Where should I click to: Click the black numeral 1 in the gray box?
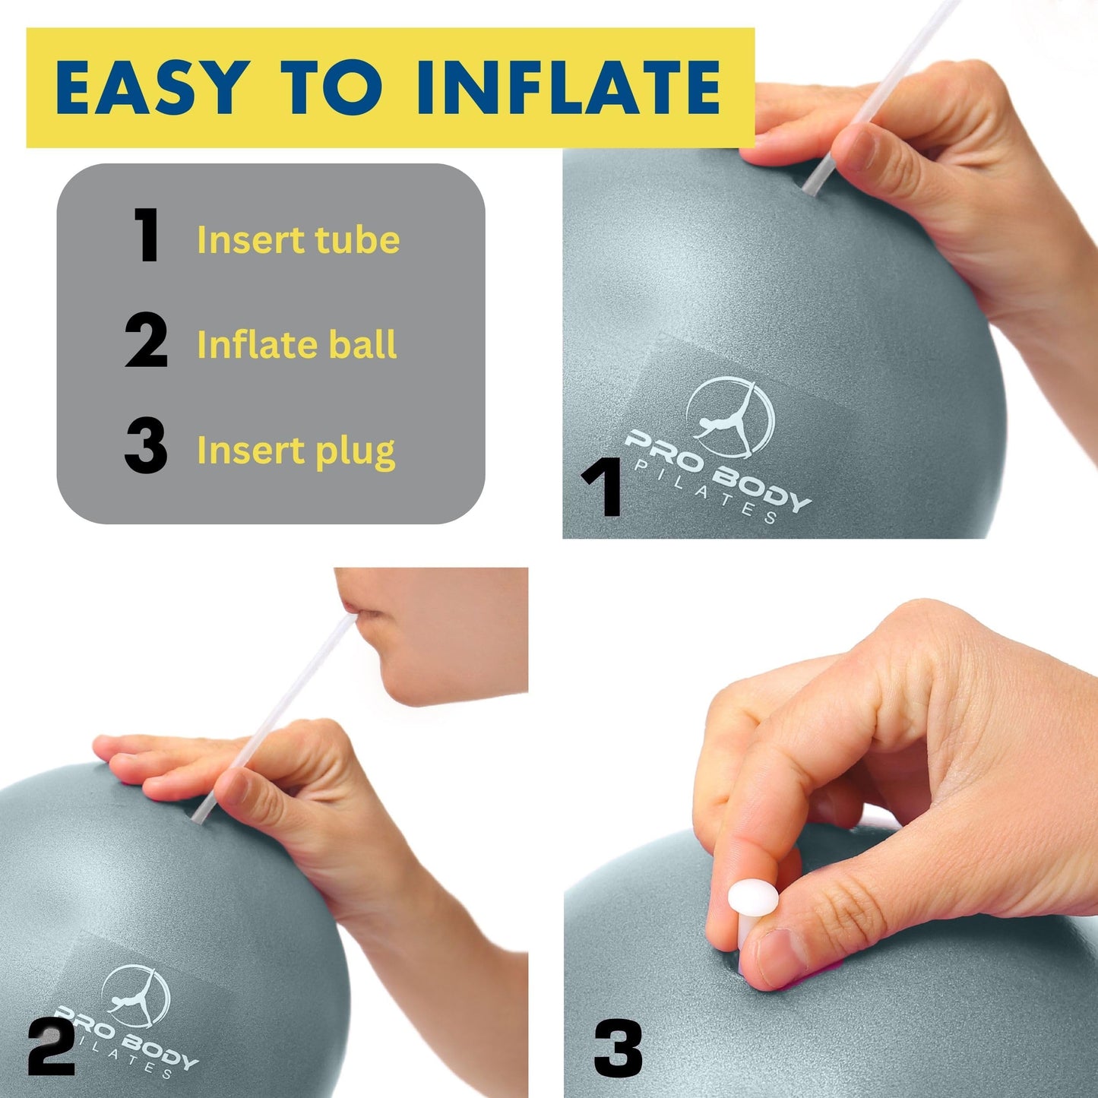146,236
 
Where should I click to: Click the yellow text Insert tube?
298,240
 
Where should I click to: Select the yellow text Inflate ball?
296,345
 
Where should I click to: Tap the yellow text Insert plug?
296,451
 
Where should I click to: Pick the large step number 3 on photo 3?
618,1049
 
